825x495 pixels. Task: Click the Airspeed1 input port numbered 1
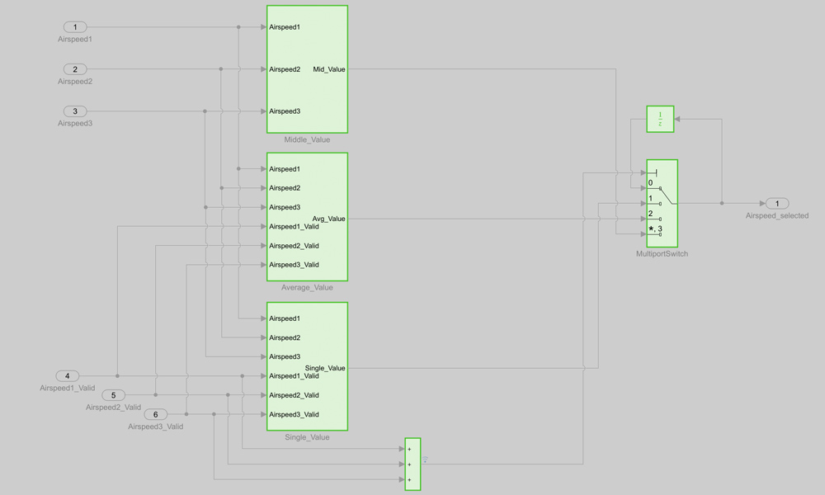click(x=74, y=27)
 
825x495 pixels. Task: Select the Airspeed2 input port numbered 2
click(x=74, y=69)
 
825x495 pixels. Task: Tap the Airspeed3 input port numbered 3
click(x=74, y=111)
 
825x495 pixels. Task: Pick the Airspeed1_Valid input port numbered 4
click(x=67, y=376)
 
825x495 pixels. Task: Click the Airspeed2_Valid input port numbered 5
click(x=113, y=395)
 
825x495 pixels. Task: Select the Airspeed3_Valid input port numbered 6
click(x=155, y=414)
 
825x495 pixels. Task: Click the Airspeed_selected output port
click(x=776, y=203)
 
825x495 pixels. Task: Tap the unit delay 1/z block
click(x=660, y=119)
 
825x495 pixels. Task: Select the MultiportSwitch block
click(x=662, y=203)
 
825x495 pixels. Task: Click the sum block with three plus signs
click(x=413, y=464)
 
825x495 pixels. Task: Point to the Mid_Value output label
click(x=329, y=69)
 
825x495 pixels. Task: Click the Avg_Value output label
click(x=328, y=219)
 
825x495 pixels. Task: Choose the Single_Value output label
click(x=325, y=368)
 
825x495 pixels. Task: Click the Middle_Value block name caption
click(x=307, y=139)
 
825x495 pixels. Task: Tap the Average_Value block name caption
click(x=307, y=287)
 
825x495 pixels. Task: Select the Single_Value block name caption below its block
click(x=307, y=437)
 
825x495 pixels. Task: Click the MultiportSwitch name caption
click(x=662, y=253)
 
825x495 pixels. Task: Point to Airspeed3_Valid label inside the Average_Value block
click(x=294, y=265)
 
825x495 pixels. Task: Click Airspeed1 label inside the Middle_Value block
click(x=285, y=27)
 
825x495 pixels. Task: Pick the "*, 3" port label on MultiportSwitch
click(x=655, y=229)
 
